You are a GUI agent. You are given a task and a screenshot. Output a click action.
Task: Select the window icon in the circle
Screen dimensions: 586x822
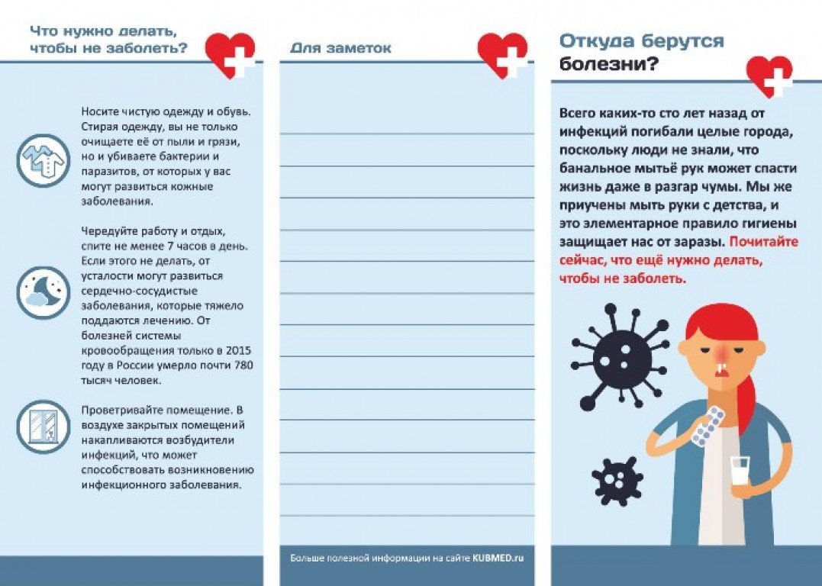[x=43, y=427]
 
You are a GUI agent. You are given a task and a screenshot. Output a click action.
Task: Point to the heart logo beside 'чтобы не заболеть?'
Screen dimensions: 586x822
[x=231, y=55]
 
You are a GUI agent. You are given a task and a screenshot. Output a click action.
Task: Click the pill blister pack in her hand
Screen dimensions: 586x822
[x=707, y=426]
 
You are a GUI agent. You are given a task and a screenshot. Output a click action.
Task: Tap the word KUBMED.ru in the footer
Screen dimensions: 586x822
[x=498, y=559]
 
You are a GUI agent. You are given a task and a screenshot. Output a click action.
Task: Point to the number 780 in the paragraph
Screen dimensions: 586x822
[x=242, y=365]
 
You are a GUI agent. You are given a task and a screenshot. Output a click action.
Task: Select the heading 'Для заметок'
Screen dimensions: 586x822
[x=340, y=48]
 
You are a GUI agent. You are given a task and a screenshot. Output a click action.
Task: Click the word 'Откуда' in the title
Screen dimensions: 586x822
[x=597, y=41]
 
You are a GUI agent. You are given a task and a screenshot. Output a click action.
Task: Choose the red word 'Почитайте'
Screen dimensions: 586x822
[x=763, y=242]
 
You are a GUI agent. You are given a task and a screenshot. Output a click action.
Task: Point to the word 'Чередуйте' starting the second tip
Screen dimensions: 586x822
[x=107, y=231]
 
